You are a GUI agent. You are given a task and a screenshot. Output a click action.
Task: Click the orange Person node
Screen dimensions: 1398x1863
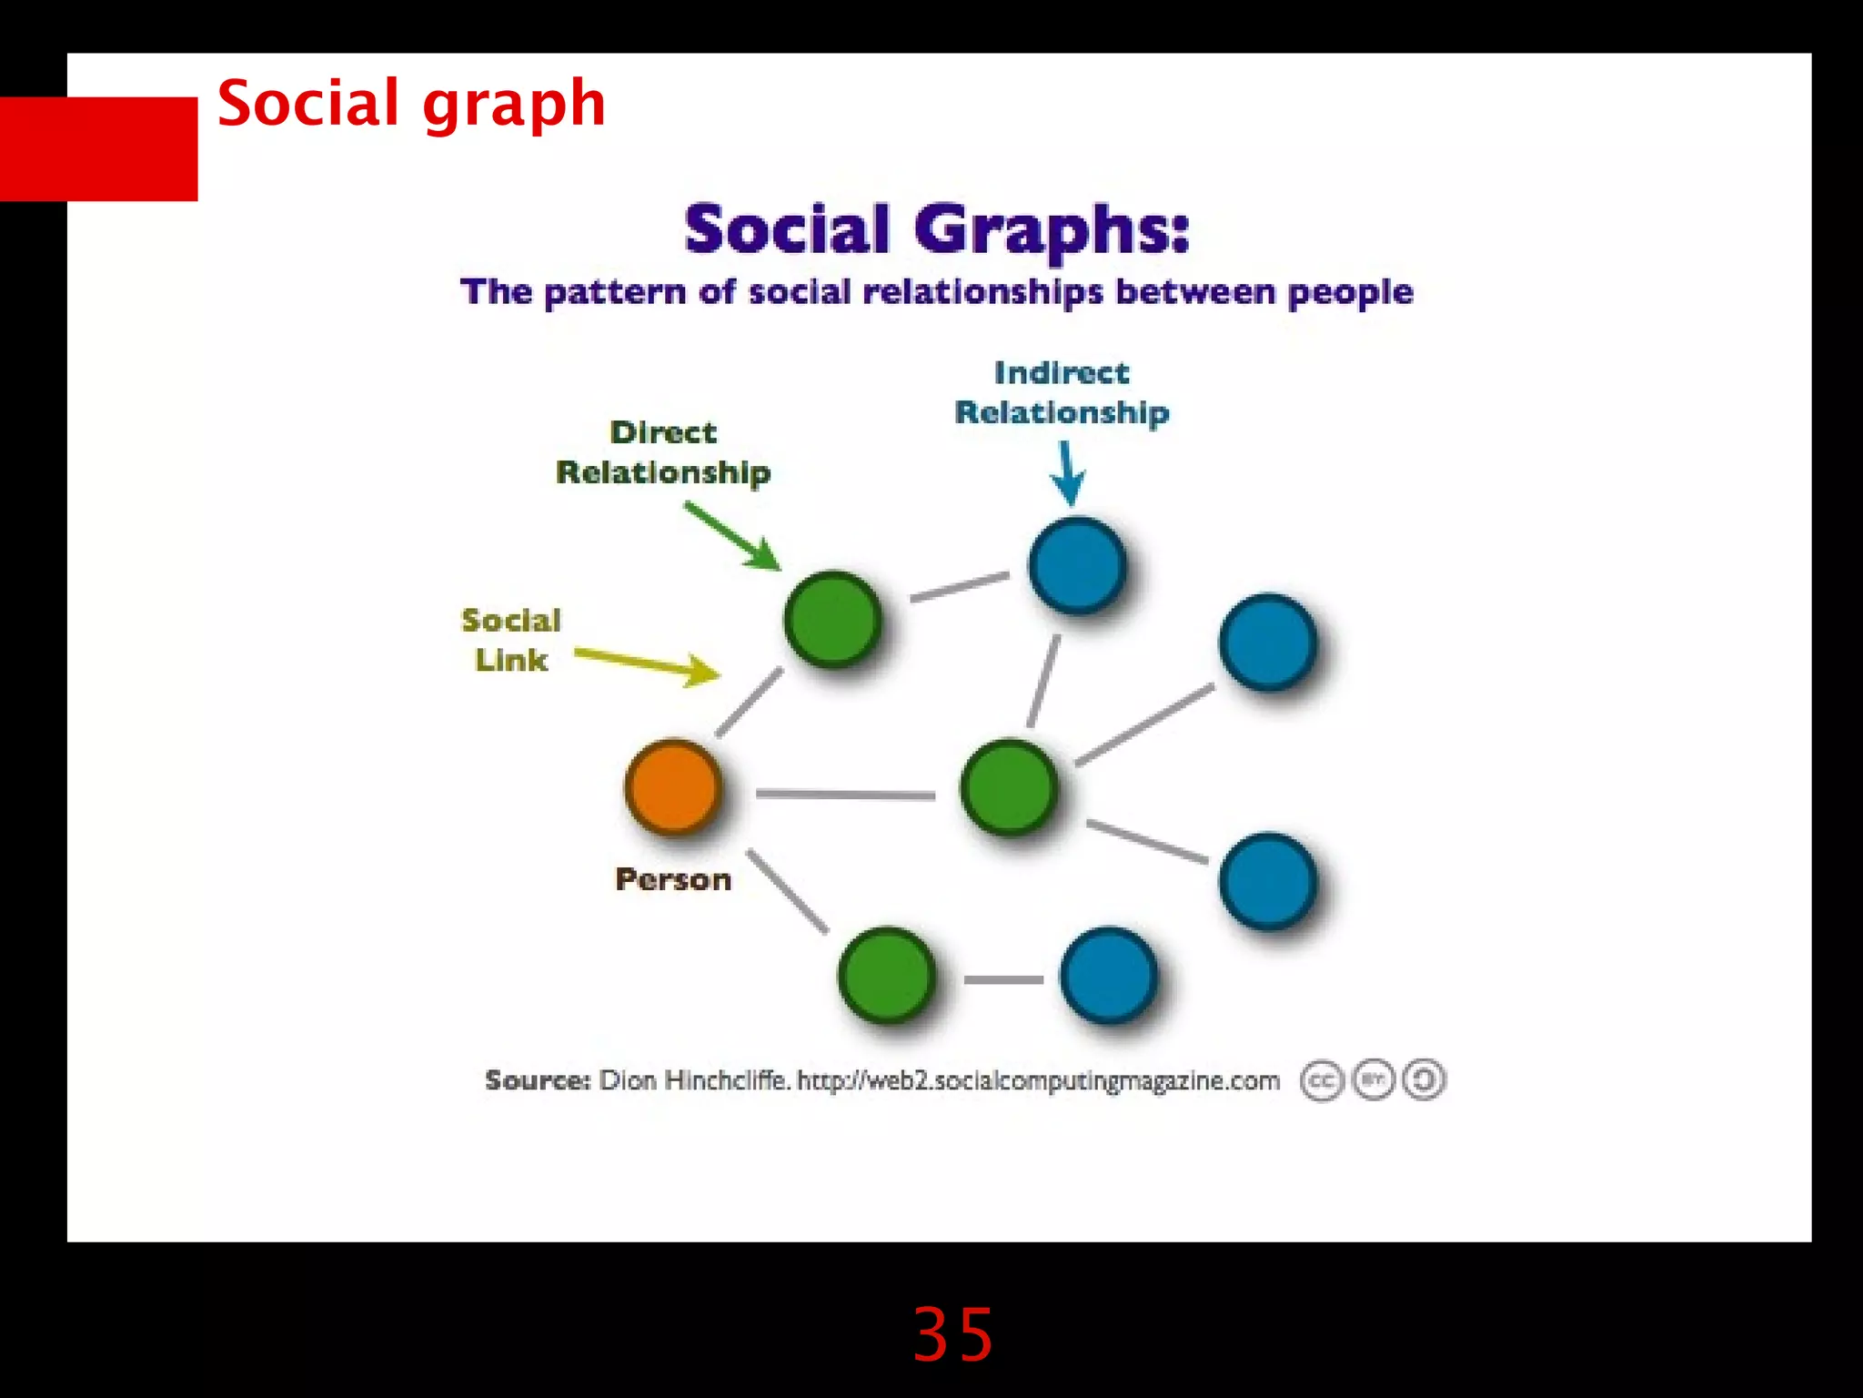coord(673,787)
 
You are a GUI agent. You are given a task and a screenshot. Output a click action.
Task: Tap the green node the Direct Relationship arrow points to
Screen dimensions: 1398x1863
coord(832,619)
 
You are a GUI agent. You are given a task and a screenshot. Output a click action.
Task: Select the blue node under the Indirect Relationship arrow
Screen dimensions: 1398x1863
coord(1077,565)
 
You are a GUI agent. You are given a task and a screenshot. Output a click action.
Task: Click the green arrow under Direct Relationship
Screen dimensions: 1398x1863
coord(733,538)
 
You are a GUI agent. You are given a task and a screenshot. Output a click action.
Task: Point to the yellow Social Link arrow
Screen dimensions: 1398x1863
coord(647,664)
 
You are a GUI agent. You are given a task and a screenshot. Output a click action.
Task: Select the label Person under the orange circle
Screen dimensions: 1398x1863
coord(673,879)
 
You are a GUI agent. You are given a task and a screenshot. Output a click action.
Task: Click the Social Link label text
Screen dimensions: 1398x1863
coord(511,640)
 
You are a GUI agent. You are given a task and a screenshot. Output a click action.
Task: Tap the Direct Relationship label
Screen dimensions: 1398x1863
coord(663,452)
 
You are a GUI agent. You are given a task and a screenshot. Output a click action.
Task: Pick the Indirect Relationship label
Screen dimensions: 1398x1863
coord(1062,392)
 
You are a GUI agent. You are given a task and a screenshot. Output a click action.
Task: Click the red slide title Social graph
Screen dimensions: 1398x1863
coord(411,103)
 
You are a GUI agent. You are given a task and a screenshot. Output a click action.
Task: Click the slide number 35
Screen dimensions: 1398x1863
coord(952,1335)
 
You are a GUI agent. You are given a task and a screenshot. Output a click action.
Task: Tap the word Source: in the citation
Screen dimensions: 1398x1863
coord(538,1080)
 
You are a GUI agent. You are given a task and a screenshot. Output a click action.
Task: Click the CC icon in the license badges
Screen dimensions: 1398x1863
coord(1321,1081)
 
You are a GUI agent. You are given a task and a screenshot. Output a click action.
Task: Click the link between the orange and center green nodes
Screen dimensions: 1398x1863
coord(845,795)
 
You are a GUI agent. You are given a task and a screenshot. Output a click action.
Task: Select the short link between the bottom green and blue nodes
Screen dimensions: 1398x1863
coord(1003,979)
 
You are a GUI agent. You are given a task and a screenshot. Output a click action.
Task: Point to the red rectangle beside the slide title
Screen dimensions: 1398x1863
coord(99,148)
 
